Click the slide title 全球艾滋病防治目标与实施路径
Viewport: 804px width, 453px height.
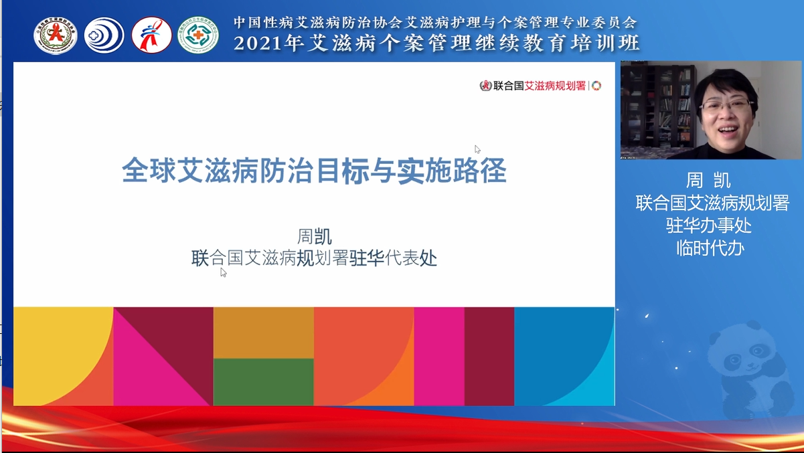(x=313, y=171)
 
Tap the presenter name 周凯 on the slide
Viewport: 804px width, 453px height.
(x=314, y=237)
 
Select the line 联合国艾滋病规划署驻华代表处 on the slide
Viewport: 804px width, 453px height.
(x=314, y=258)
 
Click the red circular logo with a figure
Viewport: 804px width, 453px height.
(x=151, y=35)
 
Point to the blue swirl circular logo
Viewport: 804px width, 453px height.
(x=104, y=35)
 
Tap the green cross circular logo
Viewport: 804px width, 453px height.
(x=198, y=35)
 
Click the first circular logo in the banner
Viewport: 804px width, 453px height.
(x=56, y=35)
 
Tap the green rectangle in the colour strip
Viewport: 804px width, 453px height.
(x=263, y=381)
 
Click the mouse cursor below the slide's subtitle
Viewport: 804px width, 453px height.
(x=223, y=272)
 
